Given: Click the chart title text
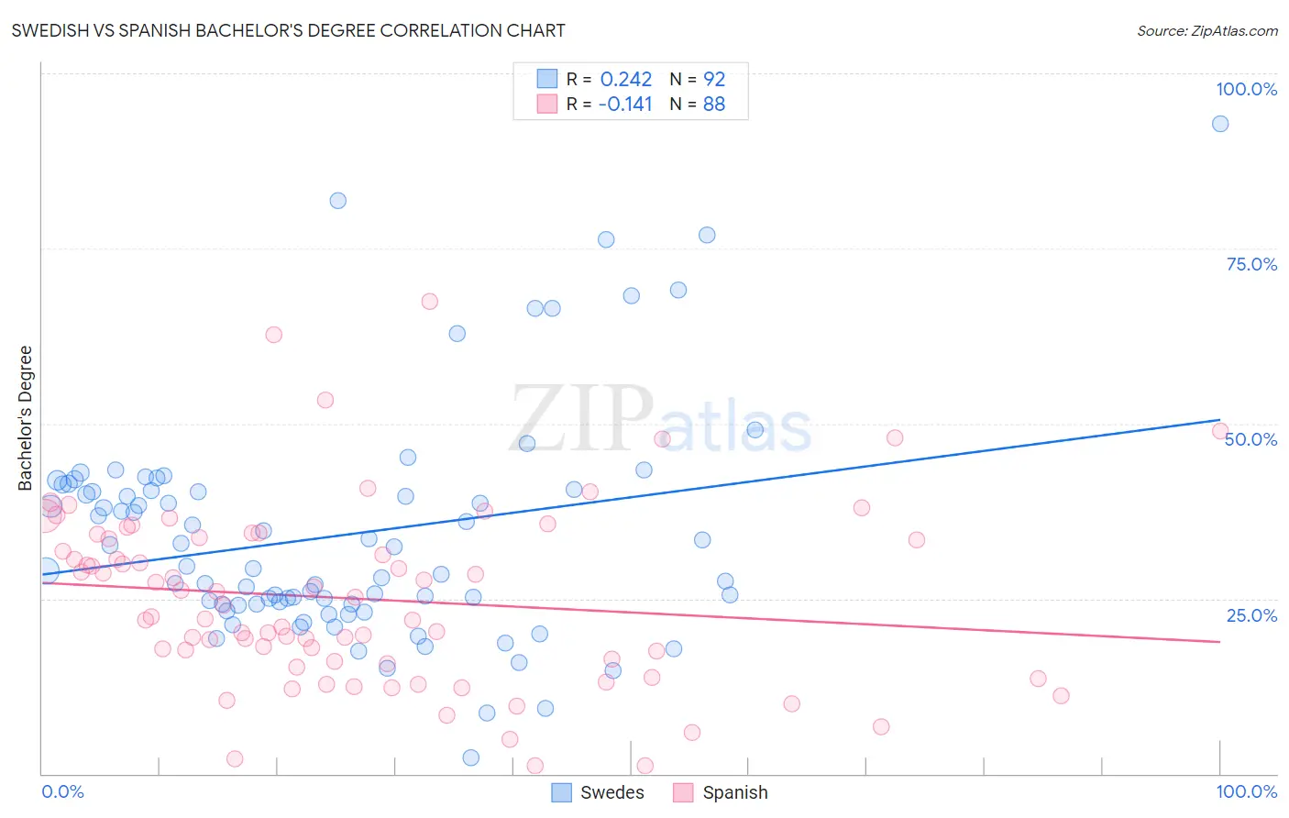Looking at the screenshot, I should [x=288, y=30].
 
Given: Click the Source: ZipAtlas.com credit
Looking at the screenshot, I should [x=1206, y=30].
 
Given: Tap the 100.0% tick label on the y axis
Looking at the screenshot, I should [x=1246, y=89].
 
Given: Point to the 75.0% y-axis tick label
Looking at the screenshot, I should [x=1251, y=264].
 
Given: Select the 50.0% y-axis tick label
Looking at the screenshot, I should [x=1251, y=439].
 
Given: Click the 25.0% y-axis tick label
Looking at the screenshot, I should [x=1251, y=614].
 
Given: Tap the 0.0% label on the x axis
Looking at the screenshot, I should [x=62, y=791].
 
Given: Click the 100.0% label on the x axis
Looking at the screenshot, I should [x=1246, y=791].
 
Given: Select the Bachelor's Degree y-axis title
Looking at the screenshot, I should [x=26, y=417].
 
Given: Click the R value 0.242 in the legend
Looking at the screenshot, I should [x=625, y=80].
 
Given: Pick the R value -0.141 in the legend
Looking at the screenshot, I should [x=624, y=105].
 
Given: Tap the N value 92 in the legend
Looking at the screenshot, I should [x=714, y=80].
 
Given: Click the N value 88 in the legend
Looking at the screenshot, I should [x=714, y=105].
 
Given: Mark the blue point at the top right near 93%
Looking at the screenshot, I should [x=1220, y=124].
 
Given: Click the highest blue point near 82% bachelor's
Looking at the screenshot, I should [x=338, y=201].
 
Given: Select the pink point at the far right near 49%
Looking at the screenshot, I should [x=1220, y=431].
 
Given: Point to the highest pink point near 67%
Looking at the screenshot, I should [x=429, y=302].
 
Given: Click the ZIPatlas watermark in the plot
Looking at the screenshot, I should [x=660, y=419].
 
